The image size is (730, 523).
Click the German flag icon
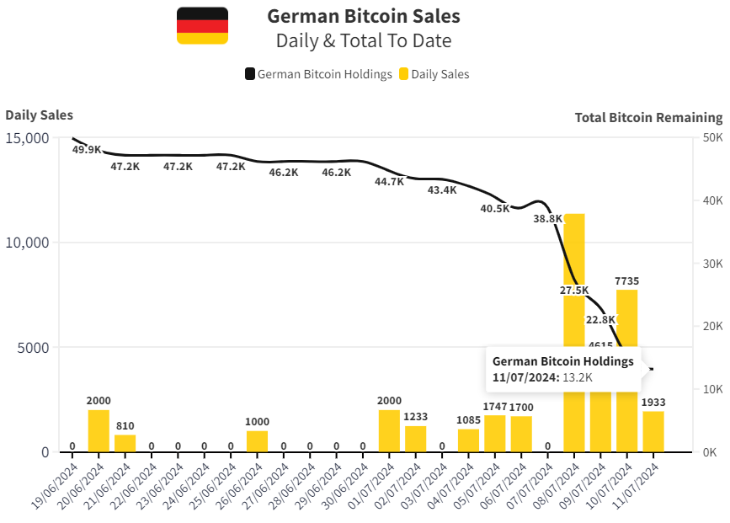pos(202,25)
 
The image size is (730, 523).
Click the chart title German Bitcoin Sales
pos(363,16)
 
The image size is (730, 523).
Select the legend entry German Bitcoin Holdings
pos(318,74)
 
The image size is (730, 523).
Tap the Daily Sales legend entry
pos(434,74)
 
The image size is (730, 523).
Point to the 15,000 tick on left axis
pos(27,138)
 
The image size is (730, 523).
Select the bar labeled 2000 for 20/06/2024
pos(99,431)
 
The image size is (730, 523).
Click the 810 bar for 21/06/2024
pos(125,443)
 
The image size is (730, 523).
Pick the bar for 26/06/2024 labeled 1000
pos(257,441)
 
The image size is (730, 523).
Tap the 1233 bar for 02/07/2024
pos(416,439)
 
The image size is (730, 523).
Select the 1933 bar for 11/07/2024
pos(653,431)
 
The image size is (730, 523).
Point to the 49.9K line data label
pos(87,150)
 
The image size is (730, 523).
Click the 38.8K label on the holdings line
pos(548,219)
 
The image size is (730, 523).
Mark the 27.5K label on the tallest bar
pos(574,290)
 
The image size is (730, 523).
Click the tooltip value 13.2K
pos(577,377)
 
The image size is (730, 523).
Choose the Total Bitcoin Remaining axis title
pos(648,118)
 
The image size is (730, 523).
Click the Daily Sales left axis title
pos(39,115)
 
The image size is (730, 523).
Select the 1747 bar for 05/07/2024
pos(495,433)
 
